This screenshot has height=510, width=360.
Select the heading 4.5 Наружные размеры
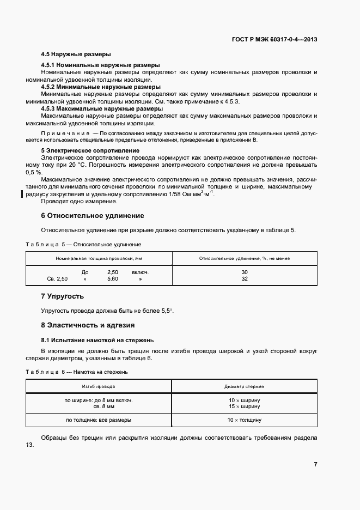(x=76, y=54)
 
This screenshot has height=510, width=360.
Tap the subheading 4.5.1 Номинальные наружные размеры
(x=100, y=65)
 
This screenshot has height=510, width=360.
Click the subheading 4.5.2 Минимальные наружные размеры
(x=101, y=87)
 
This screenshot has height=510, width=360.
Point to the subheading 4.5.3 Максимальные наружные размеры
(x=102, y=108)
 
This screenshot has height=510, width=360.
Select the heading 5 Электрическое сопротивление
(x=90, y=150)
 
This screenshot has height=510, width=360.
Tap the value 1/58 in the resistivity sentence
(x=164, y=194)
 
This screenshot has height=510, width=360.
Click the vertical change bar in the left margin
(x=22, y=193)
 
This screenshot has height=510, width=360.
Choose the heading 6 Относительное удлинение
(x=93, y=216)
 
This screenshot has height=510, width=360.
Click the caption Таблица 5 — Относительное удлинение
(x=83, y=244)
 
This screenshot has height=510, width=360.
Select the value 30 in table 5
(x=244, y=272)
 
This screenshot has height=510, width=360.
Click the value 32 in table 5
(x=244, y=278)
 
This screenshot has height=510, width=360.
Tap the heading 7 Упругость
(x=63, y=296)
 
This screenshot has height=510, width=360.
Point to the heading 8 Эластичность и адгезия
(x=88, y=325)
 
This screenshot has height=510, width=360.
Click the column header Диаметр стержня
(x=244, y=386)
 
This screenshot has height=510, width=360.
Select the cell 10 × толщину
(x=245, y=420)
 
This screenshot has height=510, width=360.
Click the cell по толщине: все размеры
(x=99, y=420)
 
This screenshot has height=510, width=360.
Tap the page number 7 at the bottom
(x=315, y=464)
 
